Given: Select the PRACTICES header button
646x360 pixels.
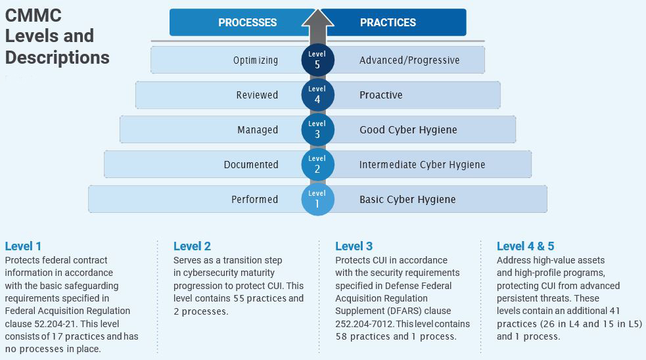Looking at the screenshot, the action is (x=394, y=22).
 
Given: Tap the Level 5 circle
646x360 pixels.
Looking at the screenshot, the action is (x=317, y=60).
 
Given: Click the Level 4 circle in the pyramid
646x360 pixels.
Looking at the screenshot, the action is (x=317, y=95).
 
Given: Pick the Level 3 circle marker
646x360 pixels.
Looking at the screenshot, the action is (x=317, y=130).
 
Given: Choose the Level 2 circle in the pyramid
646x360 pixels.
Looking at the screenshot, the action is (x=317, y=165).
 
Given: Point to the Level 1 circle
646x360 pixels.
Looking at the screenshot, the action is (x=317, y=199).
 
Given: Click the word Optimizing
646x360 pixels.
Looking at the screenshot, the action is (x=256, y=60).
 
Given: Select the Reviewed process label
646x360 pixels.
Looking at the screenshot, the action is (x=257, y=95).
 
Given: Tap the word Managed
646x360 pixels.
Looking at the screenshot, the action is (x=258, y=130).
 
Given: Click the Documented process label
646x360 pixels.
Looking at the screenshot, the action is (x=251, y=165).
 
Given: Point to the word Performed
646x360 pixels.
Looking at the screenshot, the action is (x=254, y=199).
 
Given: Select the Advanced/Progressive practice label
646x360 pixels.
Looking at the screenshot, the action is (x=409, y=60).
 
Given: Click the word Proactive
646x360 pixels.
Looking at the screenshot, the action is (x=381, y=95).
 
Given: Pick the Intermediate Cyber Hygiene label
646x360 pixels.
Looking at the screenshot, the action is (x=423, y=165).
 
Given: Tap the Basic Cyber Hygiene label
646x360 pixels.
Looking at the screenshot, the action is (x=407, y=200).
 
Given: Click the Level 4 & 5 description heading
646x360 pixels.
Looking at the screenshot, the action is (x=525, y=246).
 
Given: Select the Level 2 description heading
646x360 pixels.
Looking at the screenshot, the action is (x=192, y=246).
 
